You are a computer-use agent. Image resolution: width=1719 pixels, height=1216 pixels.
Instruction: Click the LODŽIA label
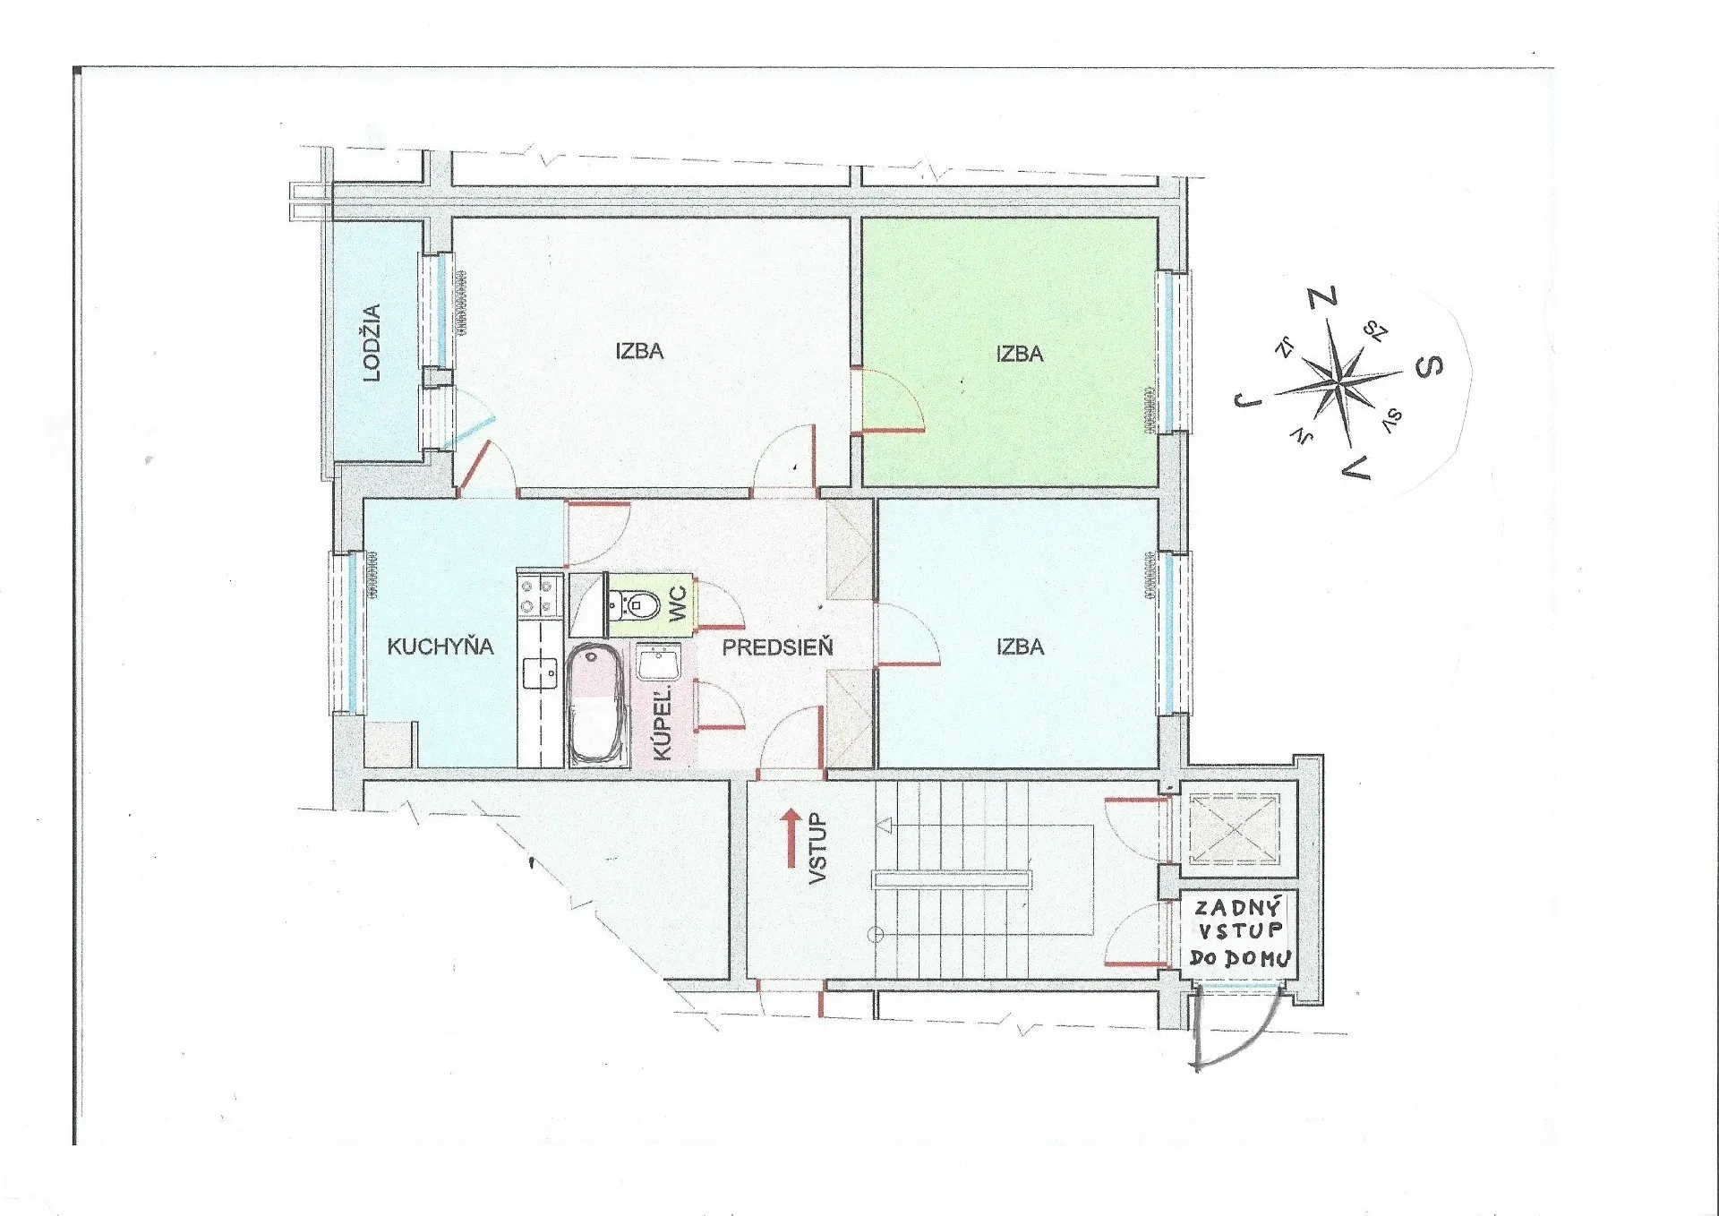(x=372, y=343)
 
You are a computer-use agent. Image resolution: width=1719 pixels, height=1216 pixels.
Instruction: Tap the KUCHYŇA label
(x=440, y=647)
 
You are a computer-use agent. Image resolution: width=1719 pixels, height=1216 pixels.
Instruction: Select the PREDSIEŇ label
(x=777, y=647)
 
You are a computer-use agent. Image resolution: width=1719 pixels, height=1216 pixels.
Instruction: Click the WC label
(x=678, y=603)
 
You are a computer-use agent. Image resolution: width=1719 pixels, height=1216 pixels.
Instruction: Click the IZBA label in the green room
(x=1020, y=354)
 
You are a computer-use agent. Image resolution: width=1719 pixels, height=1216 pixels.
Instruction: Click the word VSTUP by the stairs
(x=817, y=849)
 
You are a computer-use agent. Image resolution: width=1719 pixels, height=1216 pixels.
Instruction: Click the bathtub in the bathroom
(x=596, y=705)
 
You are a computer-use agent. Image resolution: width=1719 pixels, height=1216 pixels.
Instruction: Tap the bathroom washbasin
(x=659, y=664)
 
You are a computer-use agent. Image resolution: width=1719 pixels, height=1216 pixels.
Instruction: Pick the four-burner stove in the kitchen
(x=539, y=596)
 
